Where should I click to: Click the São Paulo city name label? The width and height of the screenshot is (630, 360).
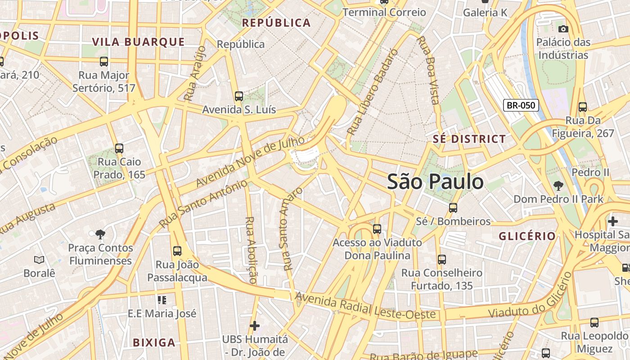pyautogui.click(x=435, y=182)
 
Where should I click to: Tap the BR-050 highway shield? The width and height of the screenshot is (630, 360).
pyautogui.click(x=521, y=106)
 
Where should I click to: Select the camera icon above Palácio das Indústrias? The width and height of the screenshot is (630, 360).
pyautogui.click(x=563, y=29)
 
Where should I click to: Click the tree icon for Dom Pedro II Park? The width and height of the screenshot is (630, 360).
pyautogui.click(x=558, y=185)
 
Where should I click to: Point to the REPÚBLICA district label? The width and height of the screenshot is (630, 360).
pyautogui.click(x=276, y=23)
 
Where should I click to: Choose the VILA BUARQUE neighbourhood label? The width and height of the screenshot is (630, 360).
pyautogui.click(x=139, y=42)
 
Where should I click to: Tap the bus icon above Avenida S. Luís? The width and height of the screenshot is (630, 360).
pyautogui.click(x=239, y=96)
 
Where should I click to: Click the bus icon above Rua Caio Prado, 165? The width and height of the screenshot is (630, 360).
pyautogui.click(x=119, y=148)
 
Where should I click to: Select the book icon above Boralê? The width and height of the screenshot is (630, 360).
pyautogui.click(x=39, y=260)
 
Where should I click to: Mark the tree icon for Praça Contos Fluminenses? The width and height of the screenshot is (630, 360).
pyautogui.click(x=100, y=234)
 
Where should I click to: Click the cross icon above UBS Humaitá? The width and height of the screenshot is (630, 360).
pyautogui.click(x=255, y=325)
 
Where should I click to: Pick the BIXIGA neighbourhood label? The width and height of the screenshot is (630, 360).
pyautogui.click(x=154, y=342)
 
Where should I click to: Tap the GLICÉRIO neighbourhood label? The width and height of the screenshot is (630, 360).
pyautogui.click(x=527, y=236)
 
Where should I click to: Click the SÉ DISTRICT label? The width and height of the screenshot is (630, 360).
pyautogui.click(x=469, y=139)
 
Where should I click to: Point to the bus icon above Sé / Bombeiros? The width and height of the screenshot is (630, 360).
pyautogui.click(x=453, y=208)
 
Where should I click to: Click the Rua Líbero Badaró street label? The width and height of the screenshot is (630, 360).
pyautogui.click(x=373, y=92)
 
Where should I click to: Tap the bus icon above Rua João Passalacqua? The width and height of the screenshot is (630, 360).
pyautogui.click(x=177, y=251)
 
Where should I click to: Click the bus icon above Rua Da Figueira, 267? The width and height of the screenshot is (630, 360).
pyautogui.click(x=583, y=107)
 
